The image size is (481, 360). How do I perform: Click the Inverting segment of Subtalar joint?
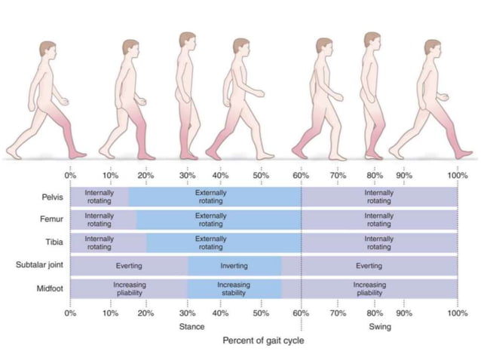point(234,266)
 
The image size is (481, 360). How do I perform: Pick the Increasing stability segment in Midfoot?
point(234,288)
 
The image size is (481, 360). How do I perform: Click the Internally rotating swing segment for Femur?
point(378,220)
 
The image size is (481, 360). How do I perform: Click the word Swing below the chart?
point(379,327)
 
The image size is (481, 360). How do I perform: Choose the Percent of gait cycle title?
point(263,340)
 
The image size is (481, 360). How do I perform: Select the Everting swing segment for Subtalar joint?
point(369,266)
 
